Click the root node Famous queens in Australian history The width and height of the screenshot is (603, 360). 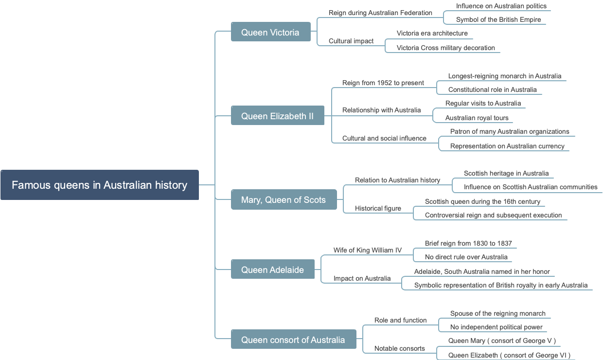100,185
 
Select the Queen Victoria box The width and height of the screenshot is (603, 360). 270,32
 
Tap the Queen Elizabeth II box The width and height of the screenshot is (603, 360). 277,116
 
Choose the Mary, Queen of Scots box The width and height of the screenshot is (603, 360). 284,199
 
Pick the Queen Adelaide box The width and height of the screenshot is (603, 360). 272,270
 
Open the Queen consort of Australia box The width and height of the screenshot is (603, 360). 293,340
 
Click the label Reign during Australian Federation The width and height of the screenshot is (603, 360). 380,13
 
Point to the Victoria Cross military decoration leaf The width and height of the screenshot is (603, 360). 445,48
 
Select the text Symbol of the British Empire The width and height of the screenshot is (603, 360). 498,19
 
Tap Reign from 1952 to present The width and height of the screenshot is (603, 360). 383,83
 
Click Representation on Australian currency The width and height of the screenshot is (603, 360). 507,146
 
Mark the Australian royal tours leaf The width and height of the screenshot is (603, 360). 477,118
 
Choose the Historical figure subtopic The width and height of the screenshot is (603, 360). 378,208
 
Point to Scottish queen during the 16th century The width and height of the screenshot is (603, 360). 482,201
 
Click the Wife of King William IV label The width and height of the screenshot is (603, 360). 367,250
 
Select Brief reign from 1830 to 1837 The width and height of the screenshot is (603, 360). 468,243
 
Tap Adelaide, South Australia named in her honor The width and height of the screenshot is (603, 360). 482,271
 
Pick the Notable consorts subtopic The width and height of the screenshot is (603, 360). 399,348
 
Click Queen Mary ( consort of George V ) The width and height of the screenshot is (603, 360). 502,341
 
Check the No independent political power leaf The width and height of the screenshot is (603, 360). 496,327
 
